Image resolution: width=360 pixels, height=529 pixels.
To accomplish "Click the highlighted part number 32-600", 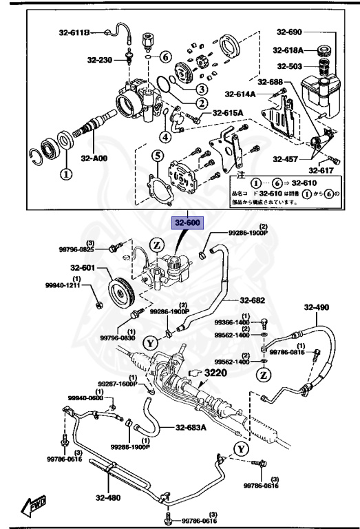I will tap(188, 223).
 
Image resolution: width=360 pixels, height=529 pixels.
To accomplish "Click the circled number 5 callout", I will tap(157, 156).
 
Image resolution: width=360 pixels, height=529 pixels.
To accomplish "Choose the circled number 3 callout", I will tap(200, 89).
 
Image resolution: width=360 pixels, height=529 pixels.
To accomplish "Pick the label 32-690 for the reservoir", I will tap(290, 32).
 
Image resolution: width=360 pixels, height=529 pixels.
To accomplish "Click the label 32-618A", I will tap(288, 50).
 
